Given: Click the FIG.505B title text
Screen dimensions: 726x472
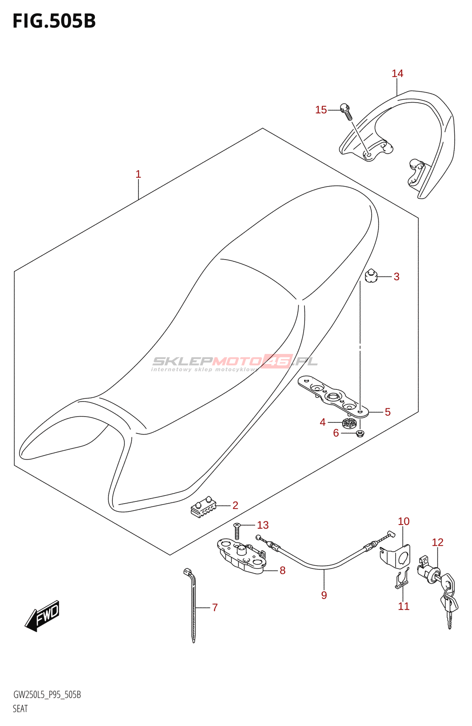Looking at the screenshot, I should pos(54,21).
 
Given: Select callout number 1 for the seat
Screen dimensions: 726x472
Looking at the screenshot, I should pos(138,174).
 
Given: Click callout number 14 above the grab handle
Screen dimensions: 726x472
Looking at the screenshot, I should pos(397,74).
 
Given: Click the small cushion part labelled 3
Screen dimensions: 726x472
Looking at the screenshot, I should pos(371,276).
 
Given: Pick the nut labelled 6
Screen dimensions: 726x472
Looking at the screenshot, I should pos(360,434).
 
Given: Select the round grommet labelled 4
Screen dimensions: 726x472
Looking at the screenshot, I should pos(349,424).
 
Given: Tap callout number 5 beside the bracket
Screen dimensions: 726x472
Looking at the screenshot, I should pos(387,412).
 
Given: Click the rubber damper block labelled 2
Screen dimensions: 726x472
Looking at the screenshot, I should pos(203,506).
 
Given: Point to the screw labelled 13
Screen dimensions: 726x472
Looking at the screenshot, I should pos(236,530).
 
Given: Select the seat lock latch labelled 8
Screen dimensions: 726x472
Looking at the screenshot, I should pos(242,557).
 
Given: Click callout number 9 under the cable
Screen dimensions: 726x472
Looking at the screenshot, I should pos(324,595).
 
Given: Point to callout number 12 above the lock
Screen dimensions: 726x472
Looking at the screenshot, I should pos(437,542).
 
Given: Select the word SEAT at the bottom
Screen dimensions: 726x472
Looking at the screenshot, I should pos(20,708).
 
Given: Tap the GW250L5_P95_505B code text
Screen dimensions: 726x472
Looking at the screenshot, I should pos(47,695).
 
